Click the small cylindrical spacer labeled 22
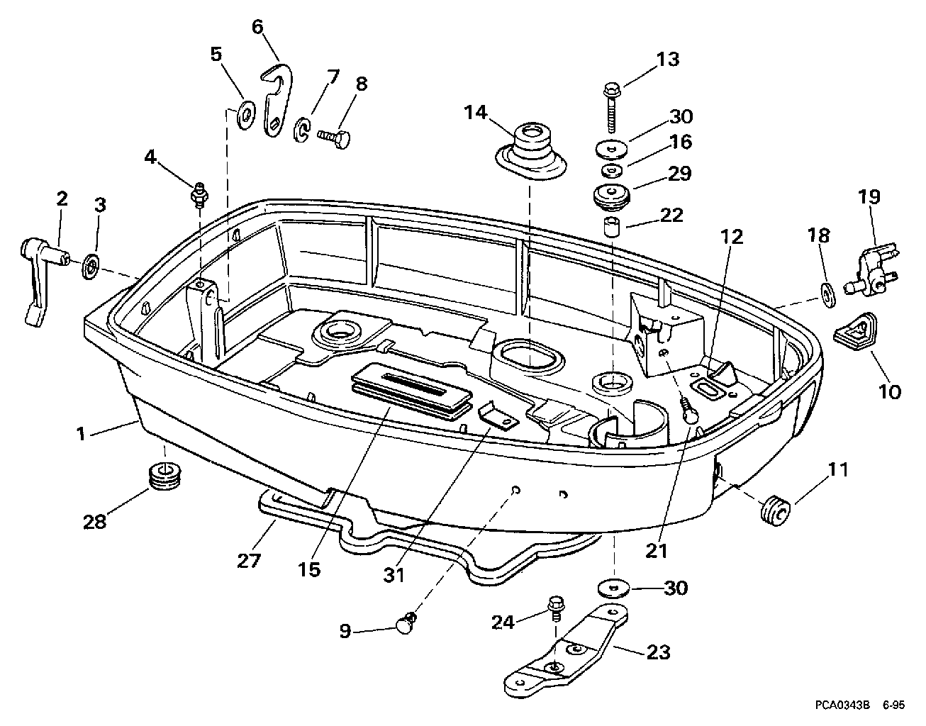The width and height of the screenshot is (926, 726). point(611,228)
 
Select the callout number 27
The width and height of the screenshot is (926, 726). point(250,561)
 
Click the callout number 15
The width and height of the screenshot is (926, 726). point(310,569)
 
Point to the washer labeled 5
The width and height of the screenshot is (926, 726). point(246,114)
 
